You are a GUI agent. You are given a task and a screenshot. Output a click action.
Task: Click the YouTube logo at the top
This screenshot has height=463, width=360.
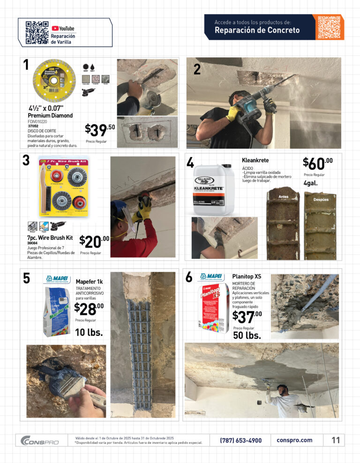click(63, 28)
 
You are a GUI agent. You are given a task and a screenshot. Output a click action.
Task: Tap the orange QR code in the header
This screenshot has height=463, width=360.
click(328, 27)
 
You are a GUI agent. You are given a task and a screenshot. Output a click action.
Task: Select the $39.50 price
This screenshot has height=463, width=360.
click(100, 130)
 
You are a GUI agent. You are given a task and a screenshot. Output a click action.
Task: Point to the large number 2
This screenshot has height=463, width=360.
click(197, 69)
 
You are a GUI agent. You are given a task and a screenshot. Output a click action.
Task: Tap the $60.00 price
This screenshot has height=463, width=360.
click(318, 163)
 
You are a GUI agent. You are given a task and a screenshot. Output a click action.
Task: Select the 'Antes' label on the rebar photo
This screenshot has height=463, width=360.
click(283, 196)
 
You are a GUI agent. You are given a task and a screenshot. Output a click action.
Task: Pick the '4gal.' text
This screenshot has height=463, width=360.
click(310, 183)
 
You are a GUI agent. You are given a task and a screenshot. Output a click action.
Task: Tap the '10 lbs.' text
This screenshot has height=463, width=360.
click(89, 333)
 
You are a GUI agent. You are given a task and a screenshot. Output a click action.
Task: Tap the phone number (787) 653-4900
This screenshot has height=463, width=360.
click(241, 440)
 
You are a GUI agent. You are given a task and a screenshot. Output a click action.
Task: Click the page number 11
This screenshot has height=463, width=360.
click(335, 440)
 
